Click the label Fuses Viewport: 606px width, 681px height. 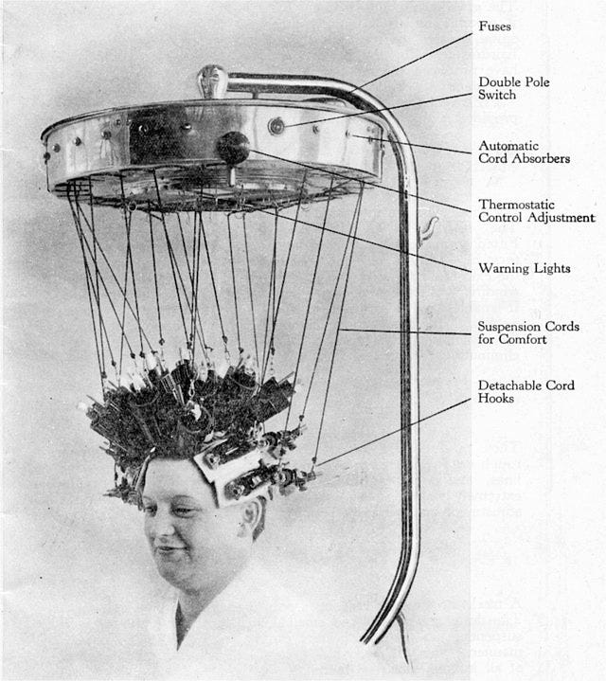click(494, 27)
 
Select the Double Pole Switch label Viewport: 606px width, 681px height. click(513, 90)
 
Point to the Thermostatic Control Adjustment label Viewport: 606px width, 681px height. click(536, 210)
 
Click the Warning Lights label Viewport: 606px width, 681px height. click(525, 268)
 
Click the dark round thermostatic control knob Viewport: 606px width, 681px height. click(232, 148)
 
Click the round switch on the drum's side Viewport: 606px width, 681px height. click(276, 125)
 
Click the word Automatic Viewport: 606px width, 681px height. click(509, 146)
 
